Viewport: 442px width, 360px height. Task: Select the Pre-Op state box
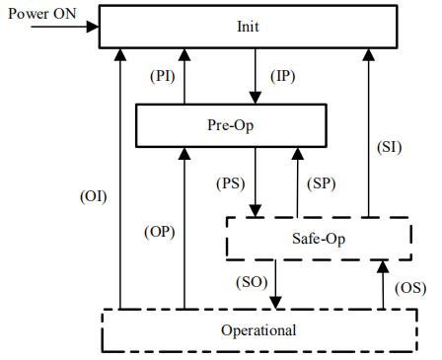[229, 126]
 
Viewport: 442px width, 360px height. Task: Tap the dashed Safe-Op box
[319, 239]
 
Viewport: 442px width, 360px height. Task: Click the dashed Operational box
[258, 329]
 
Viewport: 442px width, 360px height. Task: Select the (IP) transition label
[282, 75]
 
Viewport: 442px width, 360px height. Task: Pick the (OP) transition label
[158, 231]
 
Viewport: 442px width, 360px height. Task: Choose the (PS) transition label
[231, 183]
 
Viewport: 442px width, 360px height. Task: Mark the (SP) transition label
[322, 183]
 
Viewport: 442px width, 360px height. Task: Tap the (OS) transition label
[408, 287]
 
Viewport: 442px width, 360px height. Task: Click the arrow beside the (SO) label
[277, 285]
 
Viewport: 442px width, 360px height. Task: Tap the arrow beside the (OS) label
[383, 285]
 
